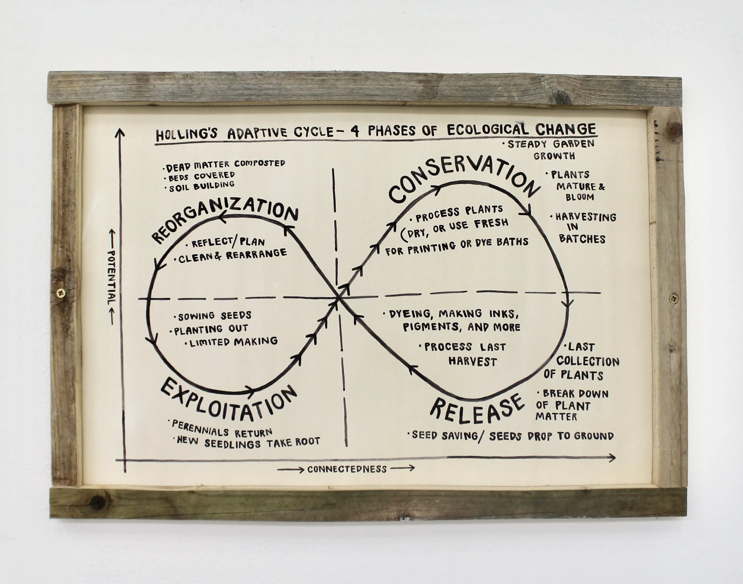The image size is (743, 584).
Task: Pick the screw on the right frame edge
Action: (x=674, y=299)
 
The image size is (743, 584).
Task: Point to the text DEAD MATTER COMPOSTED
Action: (x=226, y=165)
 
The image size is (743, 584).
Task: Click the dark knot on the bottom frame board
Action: (x=98, y=502)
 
